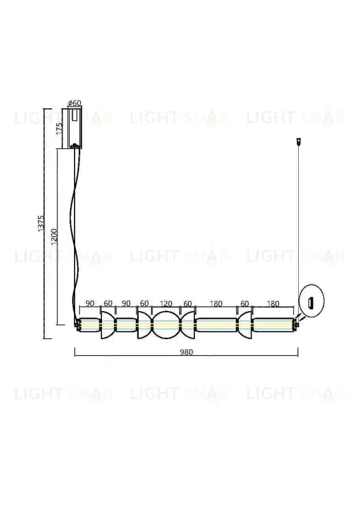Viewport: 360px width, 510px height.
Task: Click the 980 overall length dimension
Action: coord(186,351)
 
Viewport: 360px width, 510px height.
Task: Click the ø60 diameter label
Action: coord(75,103)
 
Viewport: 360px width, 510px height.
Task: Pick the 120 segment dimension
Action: coord(166,303)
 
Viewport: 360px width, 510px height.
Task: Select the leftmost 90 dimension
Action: coord(89,303)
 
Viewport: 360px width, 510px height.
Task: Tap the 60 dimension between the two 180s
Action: coord(245,303)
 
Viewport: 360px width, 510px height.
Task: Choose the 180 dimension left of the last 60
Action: coord(215,303)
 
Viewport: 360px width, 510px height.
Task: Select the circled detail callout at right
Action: coord(311,302)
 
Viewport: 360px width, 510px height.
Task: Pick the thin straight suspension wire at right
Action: coord(297,223)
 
